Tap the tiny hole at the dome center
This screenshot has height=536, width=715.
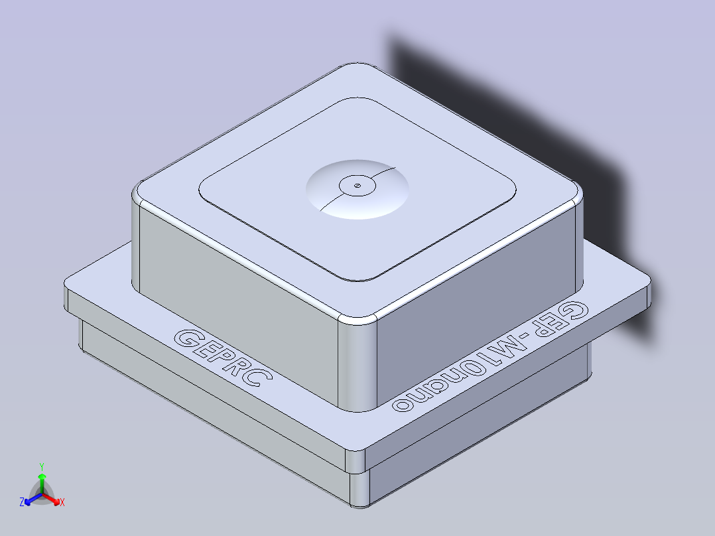point(357,186)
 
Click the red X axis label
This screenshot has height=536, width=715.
point(62,503)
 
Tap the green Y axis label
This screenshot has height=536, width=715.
point(41,466)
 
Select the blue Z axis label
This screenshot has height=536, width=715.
point(22,502)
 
